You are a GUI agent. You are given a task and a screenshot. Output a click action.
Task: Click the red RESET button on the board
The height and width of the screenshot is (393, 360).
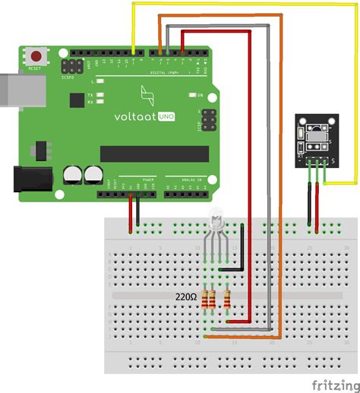pos(35,55)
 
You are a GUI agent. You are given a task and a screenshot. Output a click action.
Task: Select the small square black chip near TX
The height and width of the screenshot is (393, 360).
pos(77,100)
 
